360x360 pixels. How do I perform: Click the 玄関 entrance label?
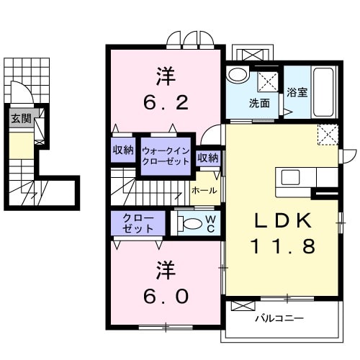point(20,119)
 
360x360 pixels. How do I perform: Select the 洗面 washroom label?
point(259,103)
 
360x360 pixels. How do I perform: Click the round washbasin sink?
point(238,75)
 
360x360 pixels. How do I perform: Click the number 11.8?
point(282,247)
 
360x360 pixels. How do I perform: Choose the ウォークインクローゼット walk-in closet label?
point(166,156)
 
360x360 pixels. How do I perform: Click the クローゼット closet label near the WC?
point(138,223)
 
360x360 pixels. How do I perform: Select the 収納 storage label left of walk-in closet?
point(122,150)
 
